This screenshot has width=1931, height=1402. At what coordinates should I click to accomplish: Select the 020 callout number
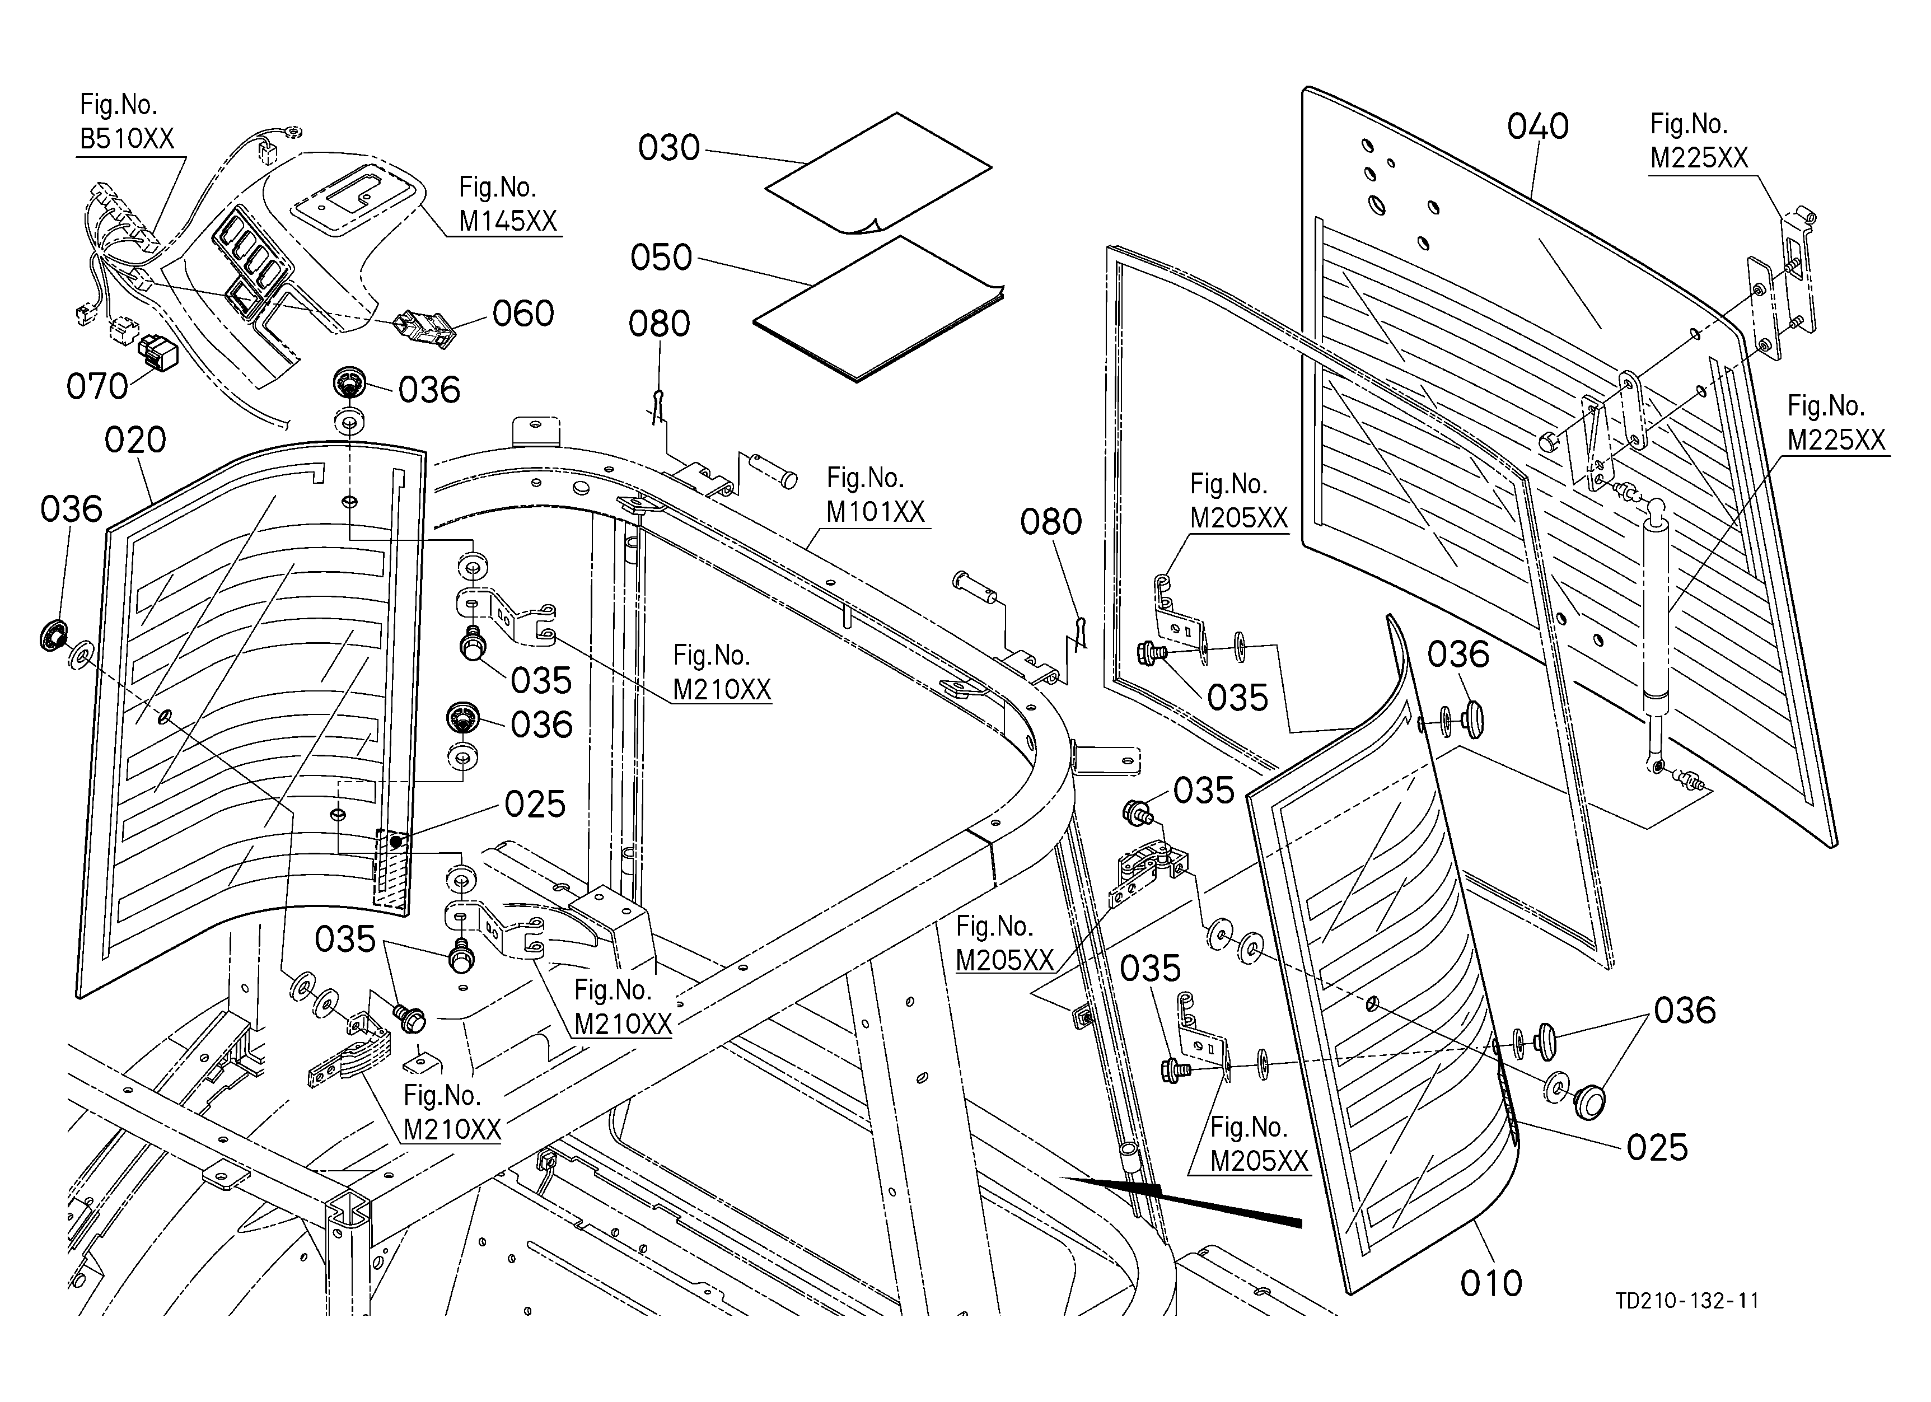[135, 440]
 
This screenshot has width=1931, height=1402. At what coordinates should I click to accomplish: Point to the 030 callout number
[669, 148]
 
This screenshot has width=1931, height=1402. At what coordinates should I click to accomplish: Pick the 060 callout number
[523, 314]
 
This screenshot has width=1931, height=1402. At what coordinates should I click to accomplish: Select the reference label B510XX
[127, 139]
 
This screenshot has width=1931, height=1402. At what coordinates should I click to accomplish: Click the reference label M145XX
[507, 221]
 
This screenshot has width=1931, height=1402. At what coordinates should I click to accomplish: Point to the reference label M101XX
[875, 512]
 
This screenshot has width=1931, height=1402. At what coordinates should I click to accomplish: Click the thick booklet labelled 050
[878, 309]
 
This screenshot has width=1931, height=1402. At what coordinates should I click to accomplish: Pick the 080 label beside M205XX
[1051, 522]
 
